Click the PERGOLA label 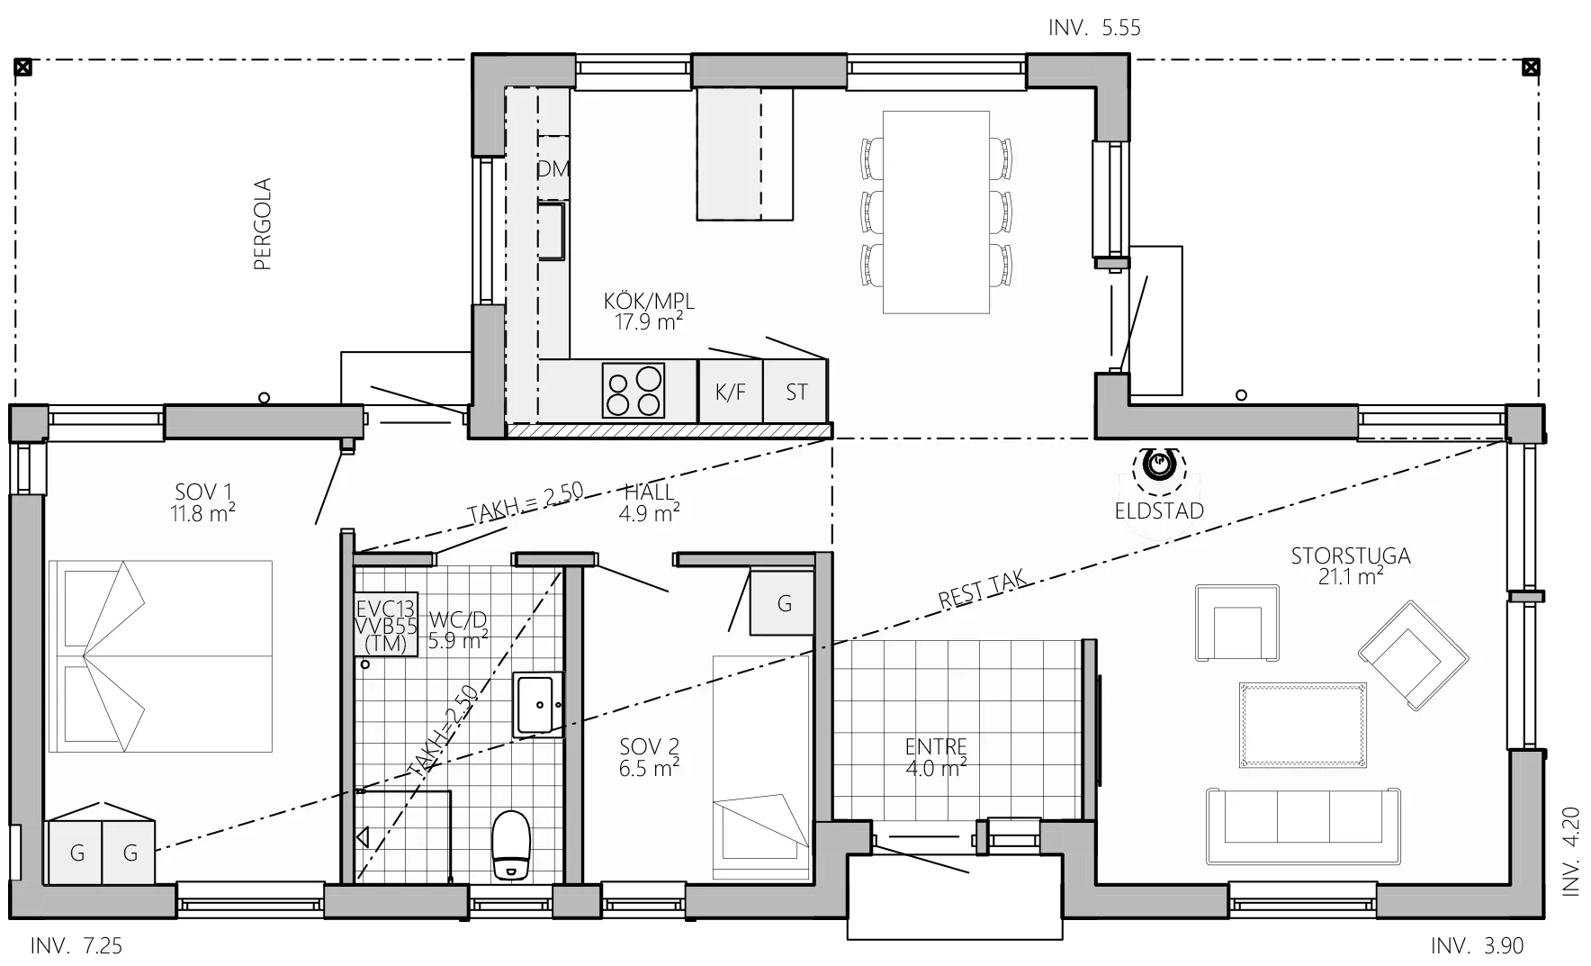click(263, 224)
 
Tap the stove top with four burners click(634, 390)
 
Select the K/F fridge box click(731, 391)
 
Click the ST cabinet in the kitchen click(795, 391)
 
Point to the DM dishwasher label click(553, 168)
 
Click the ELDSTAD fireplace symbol click(1159, 465)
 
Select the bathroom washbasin click(538, 705)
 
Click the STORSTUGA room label click(1351, 555)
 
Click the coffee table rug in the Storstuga click(1303, 725)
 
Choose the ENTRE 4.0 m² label click(937, 757)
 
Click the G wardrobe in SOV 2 click(784, 602)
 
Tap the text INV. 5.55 click(1094, 28)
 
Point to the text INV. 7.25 click(76, 946)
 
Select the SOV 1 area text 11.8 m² click(203, 513)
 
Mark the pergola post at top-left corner click(23, 67)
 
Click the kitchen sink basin click(552, 231)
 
